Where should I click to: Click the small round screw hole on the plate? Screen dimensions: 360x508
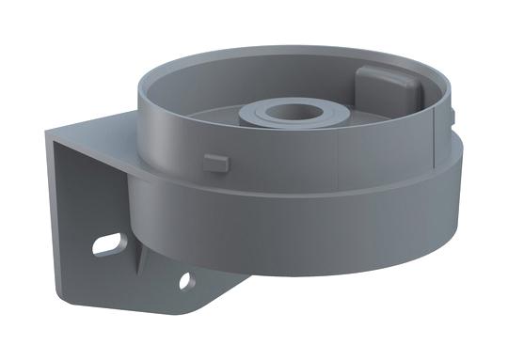coord(186,279)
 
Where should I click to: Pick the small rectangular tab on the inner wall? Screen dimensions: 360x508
coord(215,161)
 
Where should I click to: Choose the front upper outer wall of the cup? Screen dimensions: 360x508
coord(282,169)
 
